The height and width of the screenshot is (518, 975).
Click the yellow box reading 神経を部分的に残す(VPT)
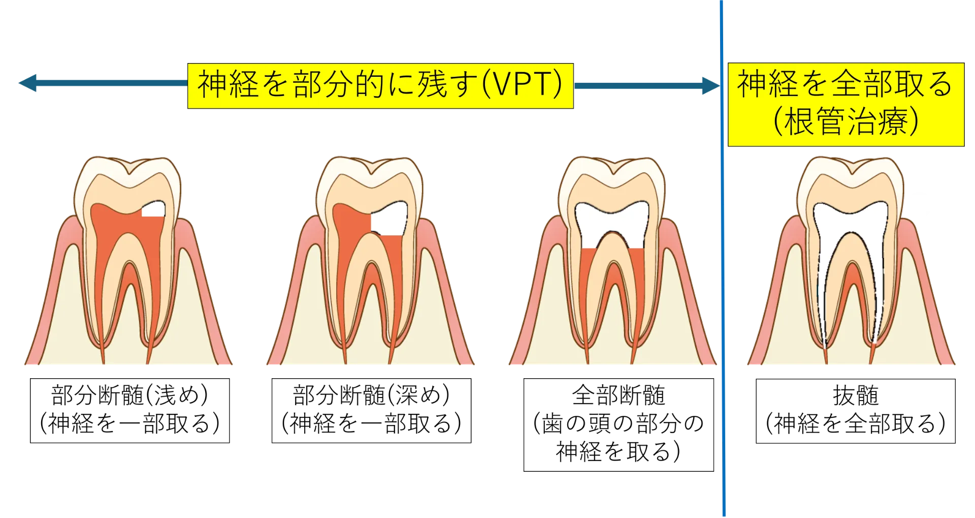pos(380,86)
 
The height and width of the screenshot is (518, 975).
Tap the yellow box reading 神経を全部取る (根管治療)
pos(846,105)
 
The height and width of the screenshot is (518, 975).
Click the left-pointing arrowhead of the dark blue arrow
pos(27,83)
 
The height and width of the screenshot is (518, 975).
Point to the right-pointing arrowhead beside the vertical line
pos(710,86)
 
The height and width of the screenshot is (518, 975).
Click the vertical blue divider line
pos(723,258)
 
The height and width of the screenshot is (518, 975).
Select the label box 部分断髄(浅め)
pos(129,411)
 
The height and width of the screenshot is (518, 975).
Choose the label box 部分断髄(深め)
pos(371,411)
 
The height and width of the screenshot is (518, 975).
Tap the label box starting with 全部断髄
pos(619,425)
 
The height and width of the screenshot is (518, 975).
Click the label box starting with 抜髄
pos(856,411)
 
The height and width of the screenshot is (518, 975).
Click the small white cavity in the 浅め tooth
pos(153,209)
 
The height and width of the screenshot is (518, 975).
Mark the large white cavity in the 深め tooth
pos(390,219)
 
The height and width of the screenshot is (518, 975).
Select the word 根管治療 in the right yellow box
pos(846,121)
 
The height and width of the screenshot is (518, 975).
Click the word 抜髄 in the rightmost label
pos(856,395)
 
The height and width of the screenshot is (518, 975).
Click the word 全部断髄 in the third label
pos(619,395)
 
